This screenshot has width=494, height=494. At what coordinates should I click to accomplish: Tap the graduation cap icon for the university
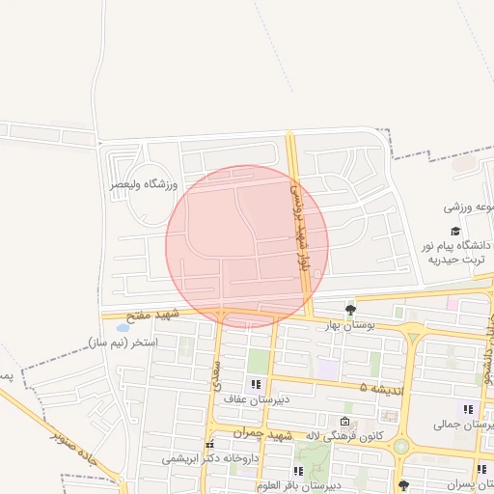point(454,231)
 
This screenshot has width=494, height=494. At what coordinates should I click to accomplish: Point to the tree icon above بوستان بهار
point(349,310)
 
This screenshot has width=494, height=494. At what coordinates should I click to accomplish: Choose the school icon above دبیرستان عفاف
point(257,384)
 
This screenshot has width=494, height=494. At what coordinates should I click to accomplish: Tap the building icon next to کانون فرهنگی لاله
point(345,421)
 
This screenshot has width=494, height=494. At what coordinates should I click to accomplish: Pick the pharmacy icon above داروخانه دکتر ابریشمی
point(209,444)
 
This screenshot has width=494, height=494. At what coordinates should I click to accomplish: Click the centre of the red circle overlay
point(247,247)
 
